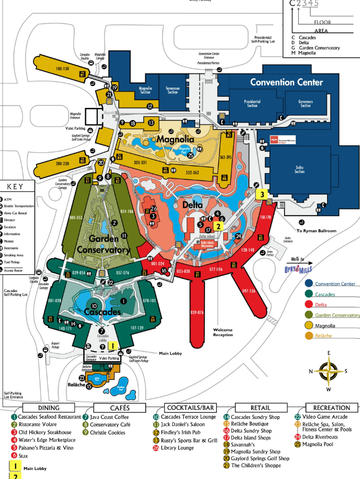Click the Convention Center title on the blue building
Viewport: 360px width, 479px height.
tap(286, 82)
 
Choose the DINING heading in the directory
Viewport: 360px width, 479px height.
tap(49, 408)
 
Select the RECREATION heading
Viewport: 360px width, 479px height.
tap(332, 408)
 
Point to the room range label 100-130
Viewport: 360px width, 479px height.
tap(63, 68)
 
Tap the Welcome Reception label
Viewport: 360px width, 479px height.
tap(222, 332)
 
